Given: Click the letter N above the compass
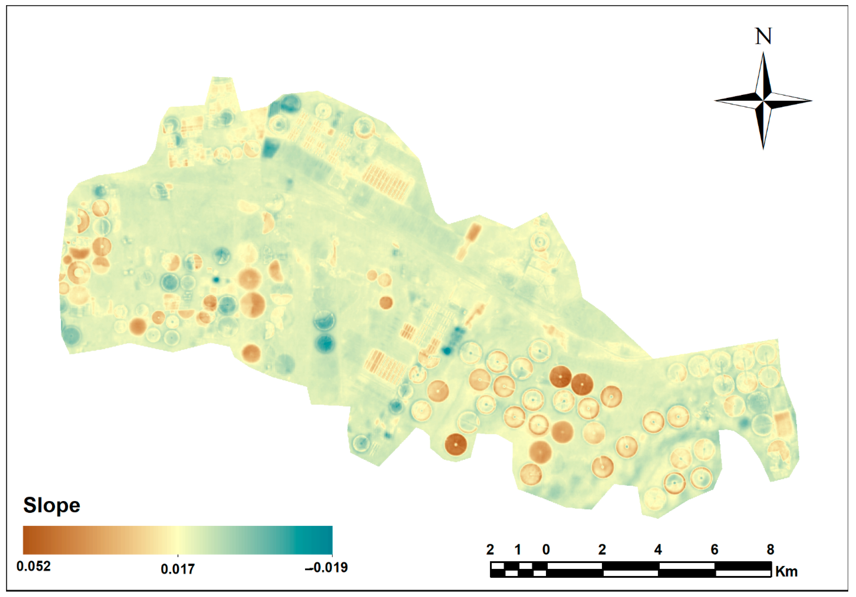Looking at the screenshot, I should tap(763, 37).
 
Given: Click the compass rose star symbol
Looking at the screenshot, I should tap(763, 101).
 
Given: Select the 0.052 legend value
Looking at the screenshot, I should tap(33, 566).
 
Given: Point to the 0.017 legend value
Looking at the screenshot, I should tap(177, 569).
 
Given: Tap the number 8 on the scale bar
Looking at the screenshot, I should tap(770, 550).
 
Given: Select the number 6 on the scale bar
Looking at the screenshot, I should tap(714, 550).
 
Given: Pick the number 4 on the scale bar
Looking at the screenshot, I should tap(658, 550).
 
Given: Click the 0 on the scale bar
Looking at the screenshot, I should tap(546, 550).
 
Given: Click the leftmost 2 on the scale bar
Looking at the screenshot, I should tap(490, 550).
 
